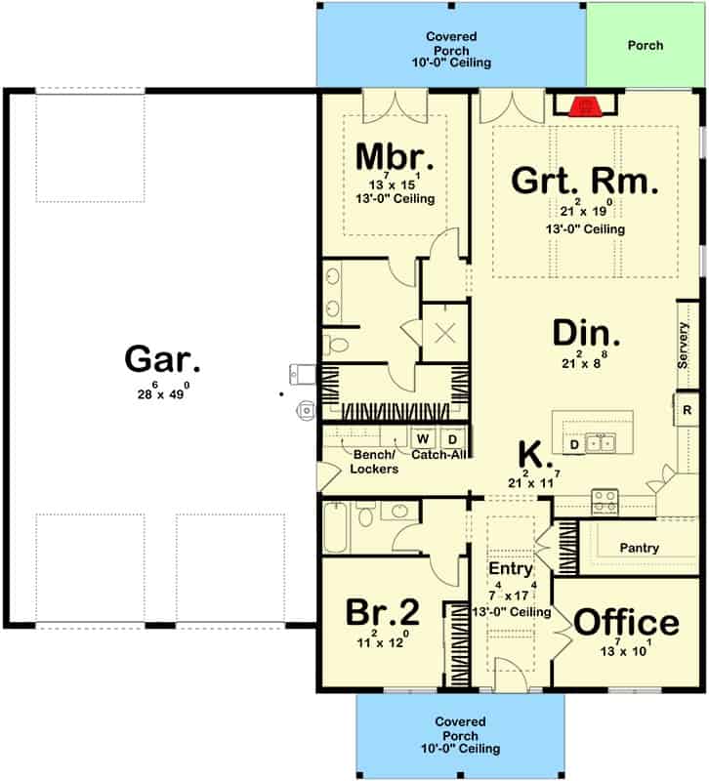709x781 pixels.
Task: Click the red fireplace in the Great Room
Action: (585, 106)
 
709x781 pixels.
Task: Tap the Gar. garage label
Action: (162, 359)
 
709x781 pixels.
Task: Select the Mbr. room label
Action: (395, 157)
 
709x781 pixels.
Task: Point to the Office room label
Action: (626, 622)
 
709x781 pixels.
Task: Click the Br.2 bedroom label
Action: (382, 612)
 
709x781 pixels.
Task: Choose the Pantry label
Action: (640, 548)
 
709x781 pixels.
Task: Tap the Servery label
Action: (683, 345)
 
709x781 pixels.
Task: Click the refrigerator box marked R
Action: (687, 410)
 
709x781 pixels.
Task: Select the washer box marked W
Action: (423, 438)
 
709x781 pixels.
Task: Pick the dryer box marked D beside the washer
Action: (452, 438)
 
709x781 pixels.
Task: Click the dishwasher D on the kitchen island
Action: (574, 444)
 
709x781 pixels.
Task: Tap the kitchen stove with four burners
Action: (605, 502)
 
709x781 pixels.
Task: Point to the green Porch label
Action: (646, 45)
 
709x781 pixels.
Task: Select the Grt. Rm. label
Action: (585, 181)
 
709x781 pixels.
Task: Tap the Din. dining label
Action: (586, 333)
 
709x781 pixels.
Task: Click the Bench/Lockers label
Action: (374, 462)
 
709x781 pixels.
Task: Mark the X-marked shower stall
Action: (445, 332)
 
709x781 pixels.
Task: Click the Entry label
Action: (510, 568)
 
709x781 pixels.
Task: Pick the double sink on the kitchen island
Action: (601, 442)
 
